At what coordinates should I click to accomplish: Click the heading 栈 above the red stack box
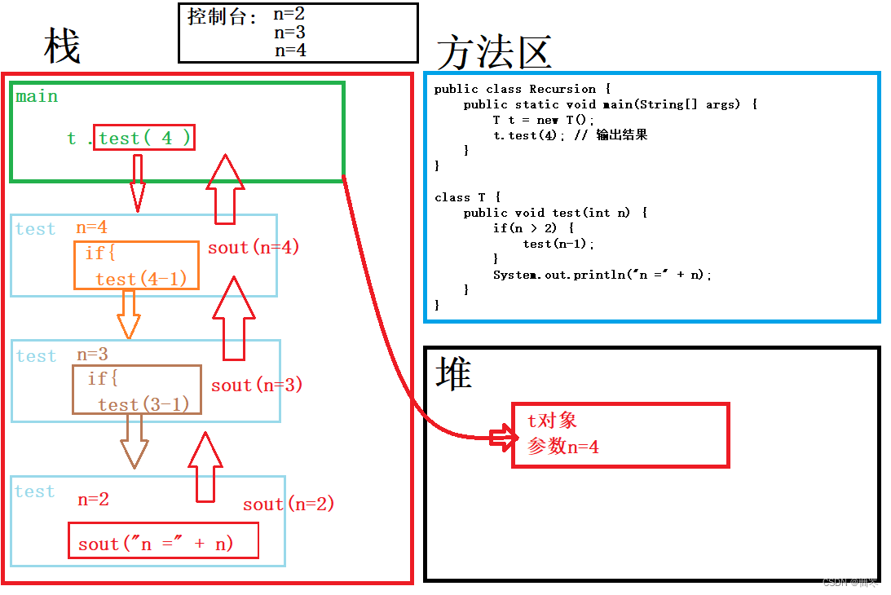pos(62,47)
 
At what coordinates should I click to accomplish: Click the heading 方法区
pos(494,53)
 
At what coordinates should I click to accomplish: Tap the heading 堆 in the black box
pos(454,374)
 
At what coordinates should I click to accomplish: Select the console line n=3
pos(289,32)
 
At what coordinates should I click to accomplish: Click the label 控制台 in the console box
pos(223,16)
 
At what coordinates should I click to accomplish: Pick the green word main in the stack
pos(37,96)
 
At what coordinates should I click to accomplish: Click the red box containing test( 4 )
pos(144,138)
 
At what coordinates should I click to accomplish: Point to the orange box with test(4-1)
pos(136,265)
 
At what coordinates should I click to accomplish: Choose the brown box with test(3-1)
pos(136,390)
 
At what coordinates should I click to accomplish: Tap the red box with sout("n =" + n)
pos(163,541)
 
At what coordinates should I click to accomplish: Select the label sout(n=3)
pos(257,385)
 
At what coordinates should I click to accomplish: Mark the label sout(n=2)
pos(289,505)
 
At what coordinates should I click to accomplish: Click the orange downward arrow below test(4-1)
pos(128,314)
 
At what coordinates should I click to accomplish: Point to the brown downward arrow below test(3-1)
pos(135,440)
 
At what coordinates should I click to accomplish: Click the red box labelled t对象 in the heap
pos(620,434)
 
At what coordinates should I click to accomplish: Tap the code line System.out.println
pos(602,275)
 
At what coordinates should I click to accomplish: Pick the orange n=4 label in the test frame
pos(92,228)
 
